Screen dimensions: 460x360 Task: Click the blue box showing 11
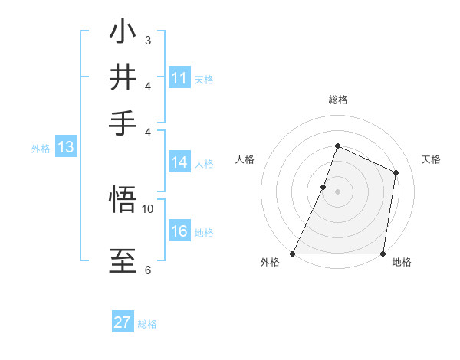[179, 78]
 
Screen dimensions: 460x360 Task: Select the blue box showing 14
[179, 162]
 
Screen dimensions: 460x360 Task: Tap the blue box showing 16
[179, 232]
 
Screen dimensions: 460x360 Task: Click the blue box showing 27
[123, 322]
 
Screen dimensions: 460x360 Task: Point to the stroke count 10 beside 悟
[148, 208]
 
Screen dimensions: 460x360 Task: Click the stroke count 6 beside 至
[148, 270]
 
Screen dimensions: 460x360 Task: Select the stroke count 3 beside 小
[148, 39]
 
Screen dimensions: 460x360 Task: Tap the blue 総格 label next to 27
[147, 324]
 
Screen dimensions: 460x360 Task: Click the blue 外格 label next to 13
[41, 149]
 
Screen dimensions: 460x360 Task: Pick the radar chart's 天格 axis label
[431, 159]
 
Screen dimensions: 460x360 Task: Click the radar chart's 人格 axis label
[245, 159]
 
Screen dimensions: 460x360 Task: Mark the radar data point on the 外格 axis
[293, 254]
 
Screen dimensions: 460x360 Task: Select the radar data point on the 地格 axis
[383, 254]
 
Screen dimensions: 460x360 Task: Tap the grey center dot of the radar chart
[337, 191]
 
